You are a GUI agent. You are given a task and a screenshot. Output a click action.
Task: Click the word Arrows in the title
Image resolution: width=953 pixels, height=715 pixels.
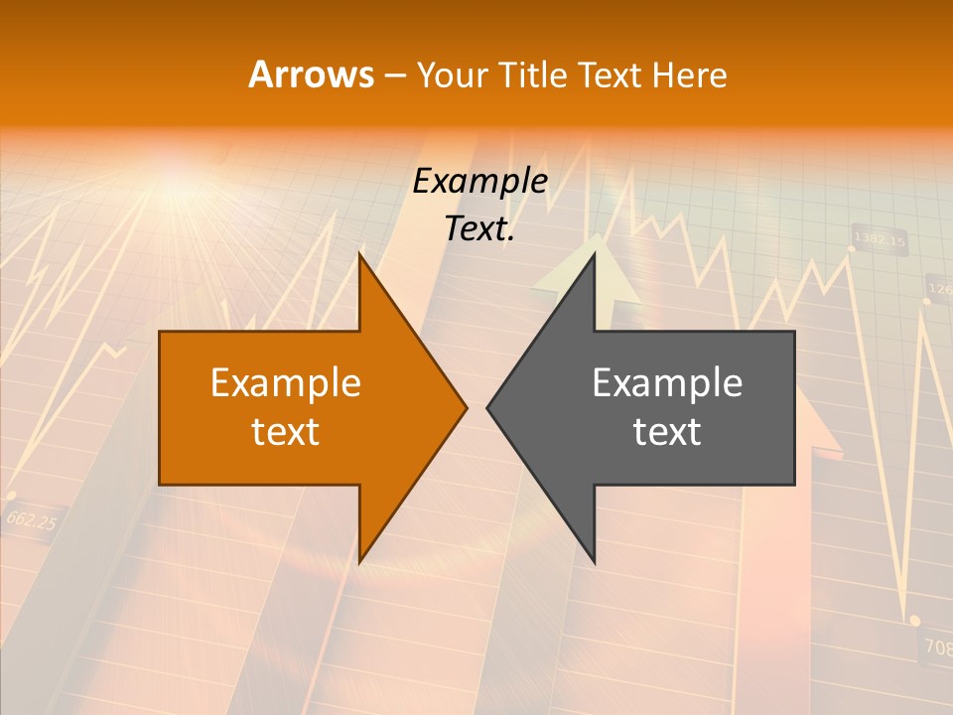pos(311,74)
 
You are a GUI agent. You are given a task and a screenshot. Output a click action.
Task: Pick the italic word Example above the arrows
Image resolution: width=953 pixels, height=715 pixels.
pos(479,182)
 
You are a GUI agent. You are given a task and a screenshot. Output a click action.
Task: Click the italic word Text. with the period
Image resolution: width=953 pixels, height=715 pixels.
pos(479,229)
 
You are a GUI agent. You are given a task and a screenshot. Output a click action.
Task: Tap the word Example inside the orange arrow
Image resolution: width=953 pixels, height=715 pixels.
pos(286,383)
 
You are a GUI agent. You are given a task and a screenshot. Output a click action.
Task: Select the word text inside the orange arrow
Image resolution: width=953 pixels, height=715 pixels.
pos(286,432)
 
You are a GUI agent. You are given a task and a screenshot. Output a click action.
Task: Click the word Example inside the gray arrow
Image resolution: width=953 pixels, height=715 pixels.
pos(667,383)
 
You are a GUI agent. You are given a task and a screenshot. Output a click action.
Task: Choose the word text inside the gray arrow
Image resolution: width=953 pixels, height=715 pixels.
pos(667,432)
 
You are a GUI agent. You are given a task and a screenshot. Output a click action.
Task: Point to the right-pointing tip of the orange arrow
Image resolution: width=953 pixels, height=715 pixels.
pos(465,407)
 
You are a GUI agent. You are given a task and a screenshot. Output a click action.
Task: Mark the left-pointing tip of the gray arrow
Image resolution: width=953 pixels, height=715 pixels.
pos(489,407)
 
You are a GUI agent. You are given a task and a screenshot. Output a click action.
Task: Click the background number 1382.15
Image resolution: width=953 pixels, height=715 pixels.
pos(880,240)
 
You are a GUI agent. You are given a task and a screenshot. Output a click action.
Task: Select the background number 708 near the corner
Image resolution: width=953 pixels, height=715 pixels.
pos(937,647)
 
